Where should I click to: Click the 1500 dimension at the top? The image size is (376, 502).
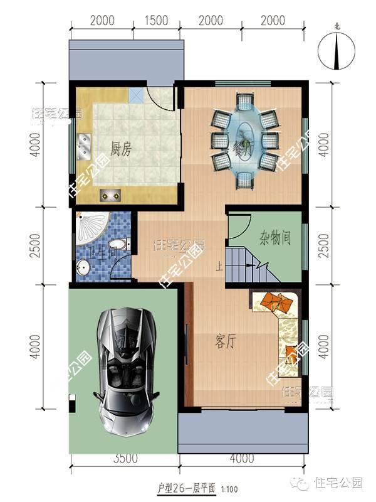156,21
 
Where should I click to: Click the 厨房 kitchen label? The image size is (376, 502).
120,149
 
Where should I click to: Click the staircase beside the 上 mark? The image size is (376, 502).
247,265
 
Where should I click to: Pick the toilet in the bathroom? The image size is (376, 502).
117,245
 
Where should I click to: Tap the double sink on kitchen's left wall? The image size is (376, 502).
84,146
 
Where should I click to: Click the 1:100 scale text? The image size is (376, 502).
229,488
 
